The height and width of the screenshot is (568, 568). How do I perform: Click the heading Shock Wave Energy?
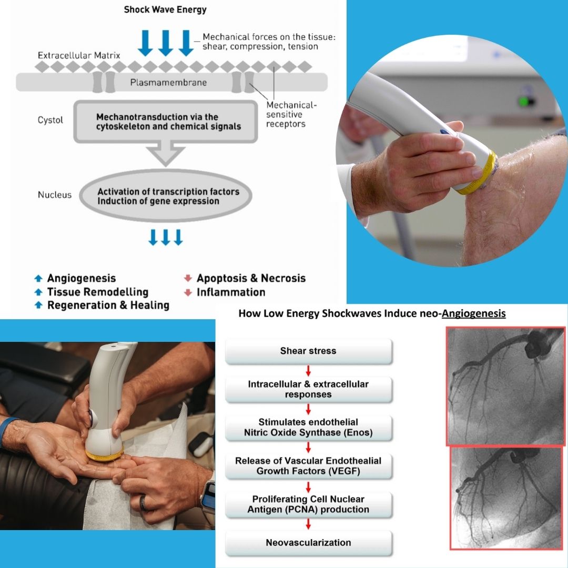tap(165, 10)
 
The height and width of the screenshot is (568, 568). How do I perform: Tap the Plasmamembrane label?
tap(168, 83)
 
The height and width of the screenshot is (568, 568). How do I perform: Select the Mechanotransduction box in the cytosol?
tap(166, 121)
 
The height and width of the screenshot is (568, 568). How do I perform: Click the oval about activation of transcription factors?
tap(166, 196)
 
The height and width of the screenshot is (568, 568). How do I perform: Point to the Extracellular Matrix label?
tap(79, 55)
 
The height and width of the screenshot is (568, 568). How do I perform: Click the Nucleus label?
tap(55, 195)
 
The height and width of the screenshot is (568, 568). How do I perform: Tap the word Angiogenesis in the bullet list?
tap(82, 278)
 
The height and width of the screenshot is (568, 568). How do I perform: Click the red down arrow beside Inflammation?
tap(188, 292)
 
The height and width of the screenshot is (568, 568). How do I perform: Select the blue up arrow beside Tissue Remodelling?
tap(38, 291)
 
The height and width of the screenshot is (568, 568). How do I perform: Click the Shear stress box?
tap(308, 351)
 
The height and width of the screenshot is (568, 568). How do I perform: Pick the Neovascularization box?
tap(308, 543)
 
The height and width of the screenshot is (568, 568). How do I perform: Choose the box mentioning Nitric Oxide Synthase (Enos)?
tap(308, 428)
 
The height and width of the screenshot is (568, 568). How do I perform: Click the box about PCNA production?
tap(308, 504)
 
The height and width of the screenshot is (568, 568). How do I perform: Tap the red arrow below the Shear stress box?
tap(308, 371)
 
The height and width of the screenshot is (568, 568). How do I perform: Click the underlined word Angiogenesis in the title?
tap(473, 313)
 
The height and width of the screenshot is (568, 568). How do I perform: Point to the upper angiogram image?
tap(506, 386)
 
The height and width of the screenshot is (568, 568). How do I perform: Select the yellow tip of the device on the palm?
tap(104, 454)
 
